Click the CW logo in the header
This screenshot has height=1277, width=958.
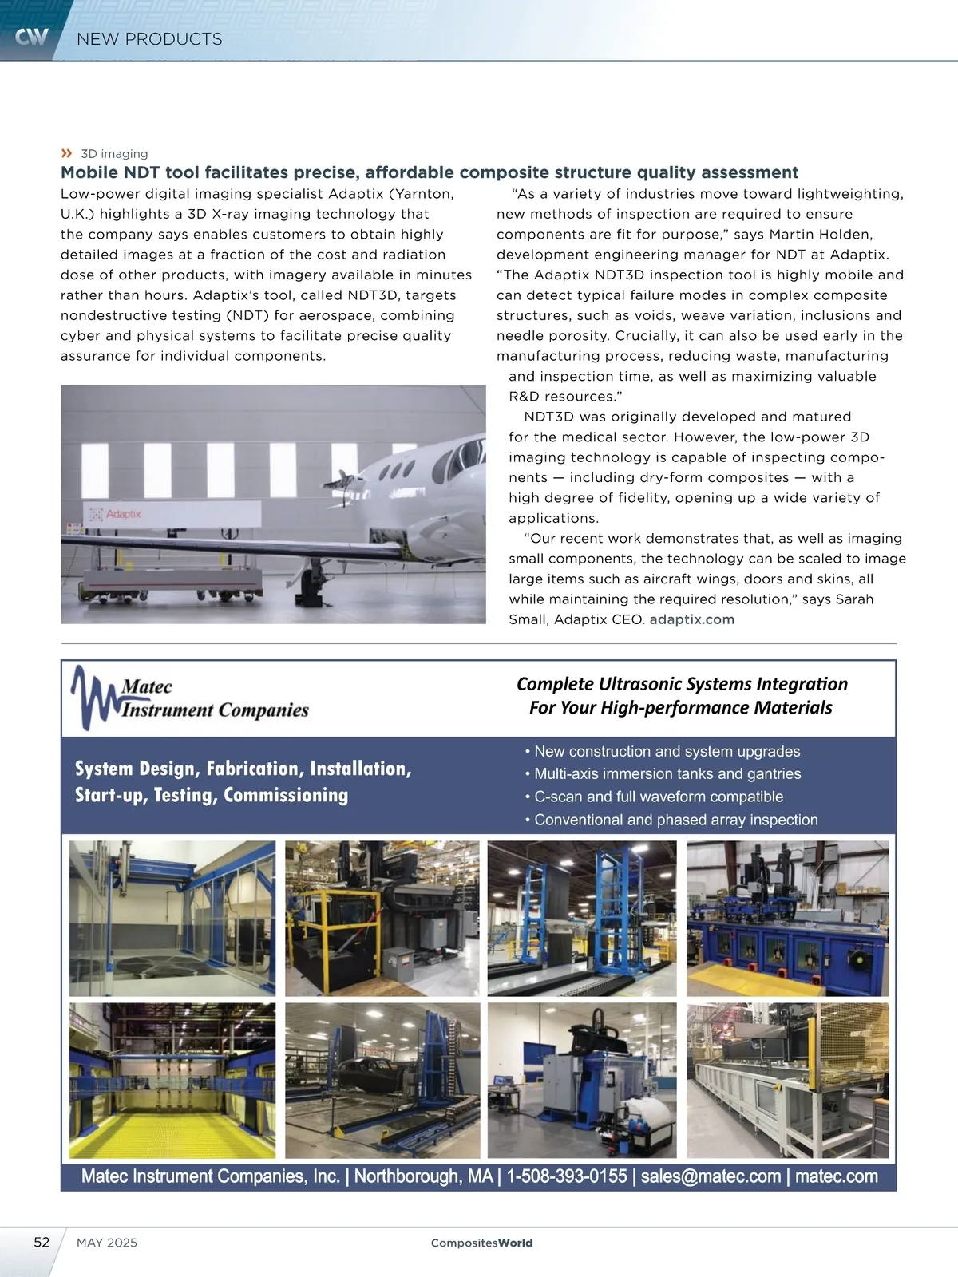[x=31, y=37]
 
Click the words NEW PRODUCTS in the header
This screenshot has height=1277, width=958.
[x=149, y=39]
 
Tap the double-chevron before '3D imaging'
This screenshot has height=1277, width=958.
[x=66, y=153]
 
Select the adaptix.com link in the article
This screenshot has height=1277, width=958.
[x=691, y=619]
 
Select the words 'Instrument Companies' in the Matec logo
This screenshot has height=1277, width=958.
[x=215, y=710]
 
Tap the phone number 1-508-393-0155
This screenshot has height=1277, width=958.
[x=566, y=1176]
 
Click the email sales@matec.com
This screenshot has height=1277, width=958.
[x=711, y=1176]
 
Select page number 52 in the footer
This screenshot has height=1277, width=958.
[x=42, y=1242]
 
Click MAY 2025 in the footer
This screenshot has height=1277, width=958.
[x=107, y=1243]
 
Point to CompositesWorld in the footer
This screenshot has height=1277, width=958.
[x=481, y=1243]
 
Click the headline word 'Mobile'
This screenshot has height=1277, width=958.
[x=89, y=172]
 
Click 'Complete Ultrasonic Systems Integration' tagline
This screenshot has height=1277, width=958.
[x=682, y=684]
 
